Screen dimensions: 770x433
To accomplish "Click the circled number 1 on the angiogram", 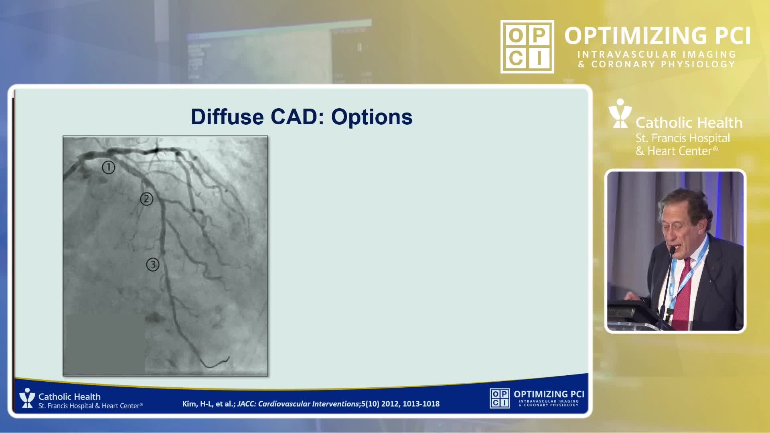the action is point(108,167).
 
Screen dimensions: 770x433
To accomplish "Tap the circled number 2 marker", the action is point(147,199).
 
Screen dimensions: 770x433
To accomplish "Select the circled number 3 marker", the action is point(152,265).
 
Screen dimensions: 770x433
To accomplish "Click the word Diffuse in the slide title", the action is point(227,117).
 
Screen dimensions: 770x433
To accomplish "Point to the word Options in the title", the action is point(372,117).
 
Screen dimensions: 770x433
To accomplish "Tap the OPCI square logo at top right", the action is point(527,47).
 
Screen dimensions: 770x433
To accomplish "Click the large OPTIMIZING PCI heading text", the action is point(658,36).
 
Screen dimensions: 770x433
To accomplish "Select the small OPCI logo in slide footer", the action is point(500,398).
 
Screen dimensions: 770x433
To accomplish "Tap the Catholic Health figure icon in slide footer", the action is point(27,398).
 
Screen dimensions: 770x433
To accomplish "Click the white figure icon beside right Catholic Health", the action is point(620,113).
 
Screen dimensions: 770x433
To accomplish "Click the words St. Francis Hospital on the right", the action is point(683,138).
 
